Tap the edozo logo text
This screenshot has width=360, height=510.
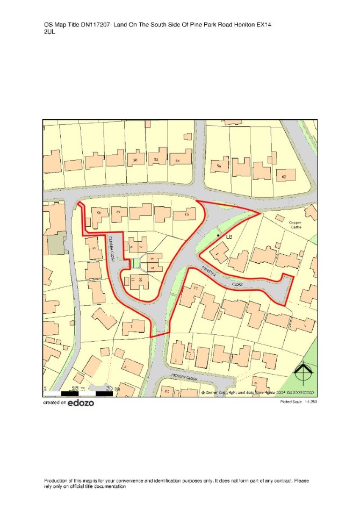tap(81, 403)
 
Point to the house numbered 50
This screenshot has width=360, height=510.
tap(135, 160)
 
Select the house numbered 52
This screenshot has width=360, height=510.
tap(156, 160)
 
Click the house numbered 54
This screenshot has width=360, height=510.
tap(177, 160)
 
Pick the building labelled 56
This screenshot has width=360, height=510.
tap(219, 166)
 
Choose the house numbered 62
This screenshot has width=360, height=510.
tap(284, 176)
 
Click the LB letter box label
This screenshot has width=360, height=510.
tap(228, 236)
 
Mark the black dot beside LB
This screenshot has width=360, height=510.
tap(218, 235)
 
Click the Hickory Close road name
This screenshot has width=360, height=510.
tap(185, 378)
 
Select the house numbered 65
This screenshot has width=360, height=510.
tap(187, 214)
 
